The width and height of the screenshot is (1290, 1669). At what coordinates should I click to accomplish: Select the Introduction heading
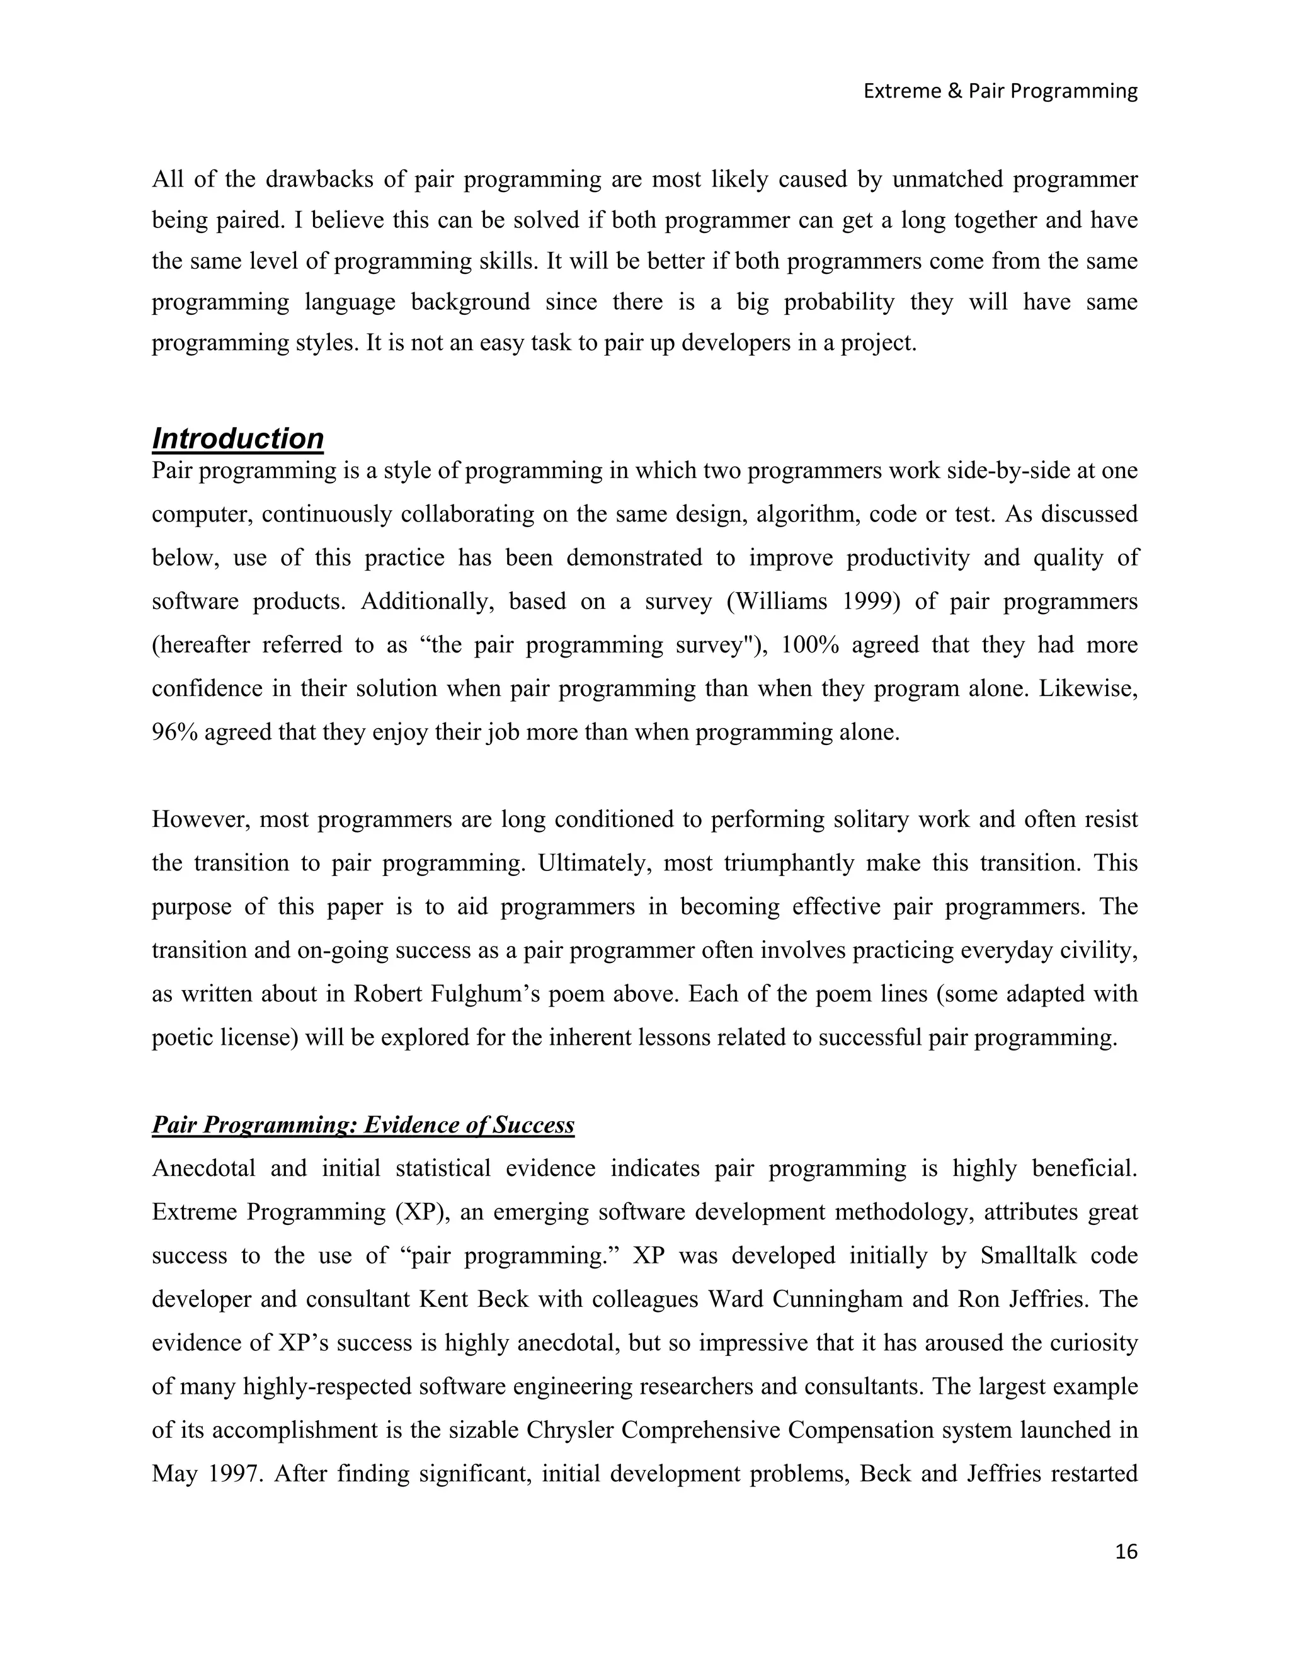coord(237,438)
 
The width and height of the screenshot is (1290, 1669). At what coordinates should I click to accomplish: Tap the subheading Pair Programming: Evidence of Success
coord(363,1125)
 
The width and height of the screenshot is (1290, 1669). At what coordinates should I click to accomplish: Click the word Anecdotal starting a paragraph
coord(203,1168)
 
